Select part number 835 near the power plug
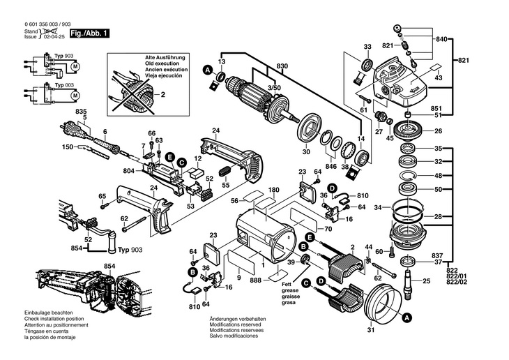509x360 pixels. pyautogui.click(x=81, y=112)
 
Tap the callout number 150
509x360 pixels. pyautogui.click(x=68, y=147)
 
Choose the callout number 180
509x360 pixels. pyautogui.click(x=273, y=190)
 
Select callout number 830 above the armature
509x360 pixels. pyautogui.click(x=282, y=66)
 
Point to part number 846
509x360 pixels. pyautogui.click(x=331, y=167)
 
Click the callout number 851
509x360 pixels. pyautogui.click(x=436, y=108)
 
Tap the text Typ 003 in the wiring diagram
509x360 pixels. pyautogui.click(x=64, y=84)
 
